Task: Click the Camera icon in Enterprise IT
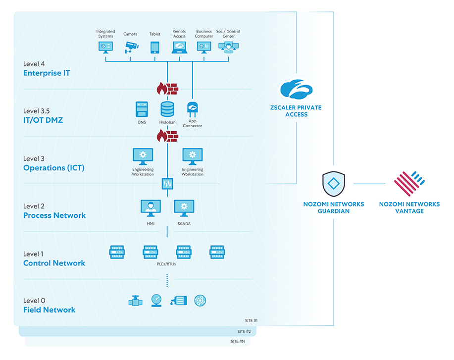tap(131, 47)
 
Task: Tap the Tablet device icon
tap(155, 47)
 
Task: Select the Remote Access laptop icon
tap(179, 47)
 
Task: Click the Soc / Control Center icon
tap(228, 47)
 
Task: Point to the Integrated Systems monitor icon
tap(105, 47)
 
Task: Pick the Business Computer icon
tap(203, 47)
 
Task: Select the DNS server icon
tap(142, 109)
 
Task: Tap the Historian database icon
tap(167, 109)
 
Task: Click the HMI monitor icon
tap(151, 208)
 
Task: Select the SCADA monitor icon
tap(184, 208)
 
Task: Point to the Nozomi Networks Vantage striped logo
tap(409, 184)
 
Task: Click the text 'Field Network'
tap(50, 310)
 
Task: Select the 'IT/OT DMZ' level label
tap(43, 120)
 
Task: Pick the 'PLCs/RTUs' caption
tap(167, 264)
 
